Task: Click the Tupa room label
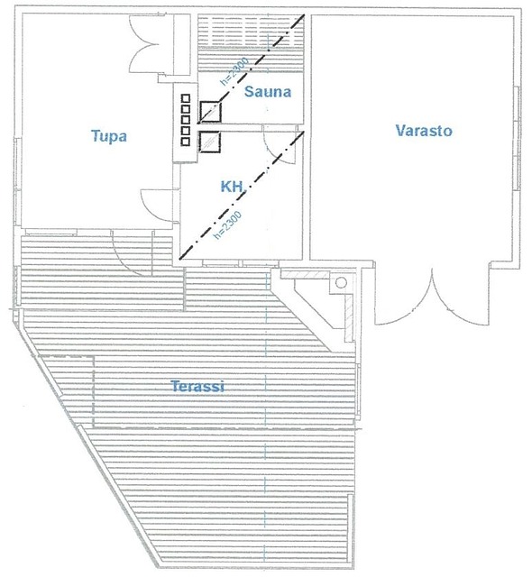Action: pos(109,136)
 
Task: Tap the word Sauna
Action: pos(268,91)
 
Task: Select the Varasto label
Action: pos(424,130)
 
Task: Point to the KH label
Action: pos(232,187)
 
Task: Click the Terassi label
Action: pos(198,386)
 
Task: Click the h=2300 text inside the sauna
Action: pos(234,71)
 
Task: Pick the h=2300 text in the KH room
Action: pos(228,224)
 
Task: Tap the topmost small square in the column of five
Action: pos(186,98)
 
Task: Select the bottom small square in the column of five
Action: pos(186,142)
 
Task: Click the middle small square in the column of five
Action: pos(186,120)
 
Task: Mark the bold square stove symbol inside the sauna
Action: pos(210,112)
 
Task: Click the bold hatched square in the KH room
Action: pos(210,142)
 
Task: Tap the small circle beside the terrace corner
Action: pos(341,282)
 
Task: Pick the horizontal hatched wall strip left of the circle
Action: pos(305,275)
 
